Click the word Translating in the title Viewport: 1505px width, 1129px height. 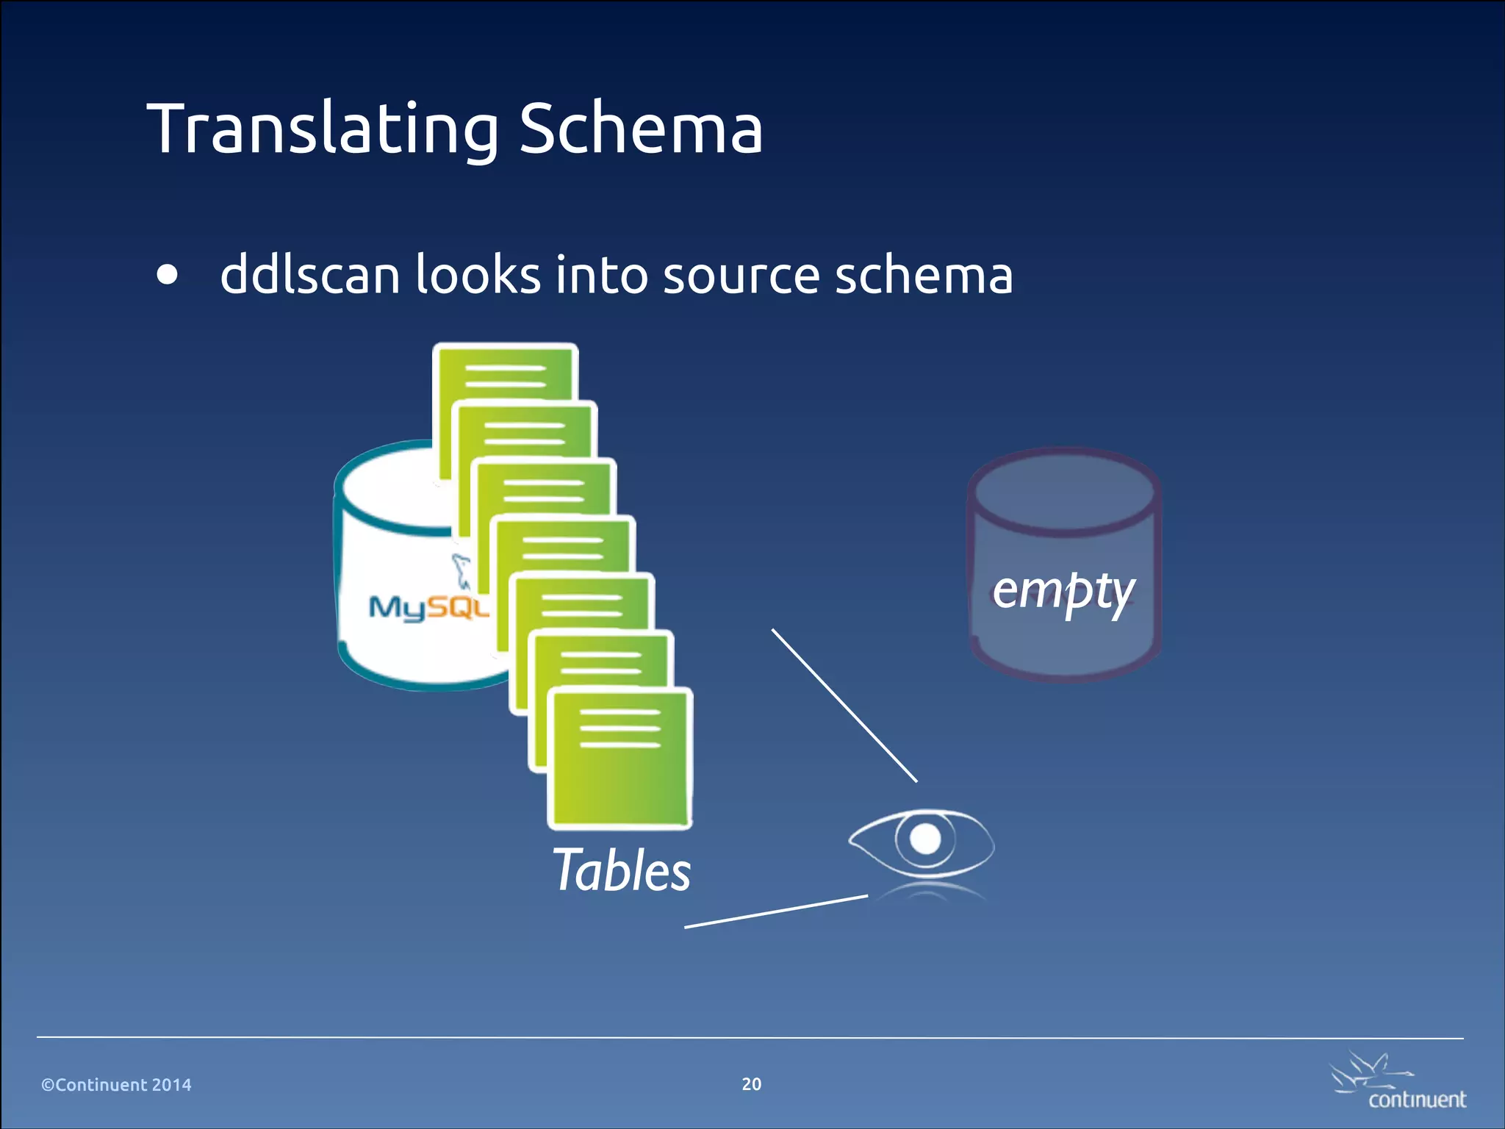click(x=323, y=129)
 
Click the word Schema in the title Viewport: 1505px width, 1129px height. click(x=641, y=129)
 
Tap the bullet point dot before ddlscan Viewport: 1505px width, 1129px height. click(x=168, y=274)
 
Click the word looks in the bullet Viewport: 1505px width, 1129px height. click(x=478, y=275)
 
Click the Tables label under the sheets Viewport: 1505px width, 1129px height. click(x=622, y=870)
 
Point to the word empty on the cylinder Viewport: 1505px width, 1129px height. click(x=1063, y=591)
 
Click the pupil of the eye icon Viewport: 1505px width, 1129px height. click(x=924, y=839)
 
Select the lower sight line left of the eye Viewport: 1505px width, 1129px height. click(x=776, y=911)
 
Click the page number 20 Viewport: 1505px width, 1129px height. click(x=751, y=1084)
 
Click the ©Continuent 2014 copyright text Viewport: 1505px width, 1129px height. click(x=116, y=1085)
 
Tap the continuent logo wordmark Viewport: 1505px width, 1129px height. click(x=1417, y=1100)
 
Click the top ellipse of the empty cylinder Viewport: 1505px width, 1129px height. click(x=1063, y=491)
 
